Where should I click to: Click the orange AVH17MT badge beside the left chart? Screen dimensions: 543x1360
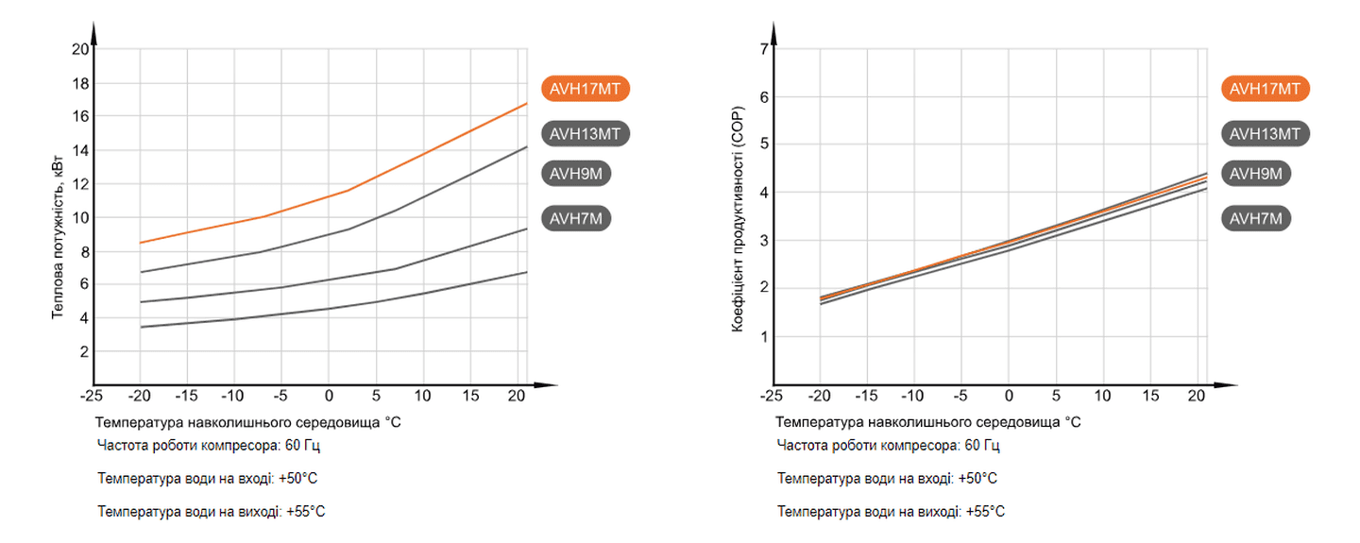pyautogui.click(x=586, y=89)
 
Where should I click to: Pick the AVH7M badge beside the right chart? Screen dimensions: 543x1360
pyautogui.click(x=1259, y=219)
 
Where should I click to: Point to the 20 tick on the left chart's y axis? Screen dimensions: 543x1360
pyautogui.click(x=80, y=49)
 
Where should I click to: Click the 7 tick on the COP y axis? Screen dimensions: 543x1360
pyautogui.click(x=764, y=49)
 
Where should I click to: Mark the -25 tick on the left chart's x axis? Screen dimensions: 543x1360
pyautogui.click(x=92, y=396)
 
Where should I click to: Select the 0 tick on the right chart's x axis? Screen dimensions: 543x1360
pyautogui.click(x=1009, y=396)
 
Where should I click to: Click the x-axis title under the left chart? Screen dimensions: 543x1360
pyautogui.click(x=248, y=422)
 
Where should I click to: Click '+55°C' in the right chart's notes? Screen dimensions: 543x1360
pyautogui.click(x=985, y=512)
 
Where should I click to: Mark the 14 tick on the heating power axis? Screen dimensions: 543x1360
pyautogui.click(x=80, y=150)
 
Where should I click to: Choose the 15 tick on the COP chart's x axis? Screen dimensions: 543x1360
pyautogui.click(x=1150, y=396)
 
